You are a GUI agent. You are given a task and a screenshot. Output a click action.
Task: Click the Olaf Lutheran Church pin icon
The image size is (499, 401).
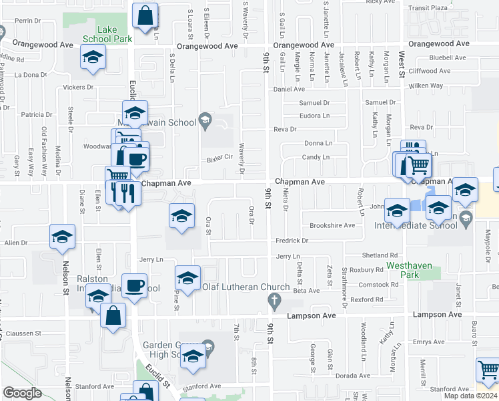274,303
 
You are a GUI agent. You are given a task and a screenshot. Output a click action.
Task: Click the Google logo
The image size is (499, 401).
22,393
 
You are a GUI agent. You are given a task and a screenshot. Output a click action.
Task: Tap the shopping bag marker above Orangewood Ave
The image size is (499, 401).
145,15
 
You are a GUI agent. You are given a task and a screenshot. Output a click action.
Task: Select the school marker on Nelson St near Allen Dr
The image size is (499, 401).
62,237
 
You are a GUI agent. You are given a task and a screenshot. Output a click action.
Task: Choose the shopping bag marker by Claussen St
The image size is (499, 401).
113,315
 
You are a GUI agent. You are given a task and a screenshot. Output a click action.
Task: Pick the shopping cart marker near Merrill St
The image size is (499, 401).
488,370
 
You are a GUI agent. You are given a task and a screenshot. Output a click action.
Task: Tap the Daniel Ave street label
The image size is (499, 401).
289,89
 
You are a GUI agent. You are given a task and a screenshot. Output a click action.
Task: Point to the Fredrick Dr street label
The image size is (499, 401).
292,241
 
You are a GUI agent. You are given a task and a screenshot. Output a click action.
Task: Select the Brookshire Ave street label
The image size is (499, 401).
332,226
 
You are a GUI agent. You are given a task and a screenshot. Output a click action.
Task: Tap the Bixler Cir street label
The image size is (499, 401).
218,158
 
